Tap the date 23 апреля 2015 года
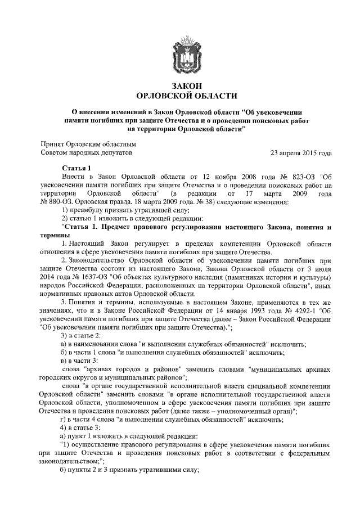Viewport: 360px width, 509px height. click(301, 152)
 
